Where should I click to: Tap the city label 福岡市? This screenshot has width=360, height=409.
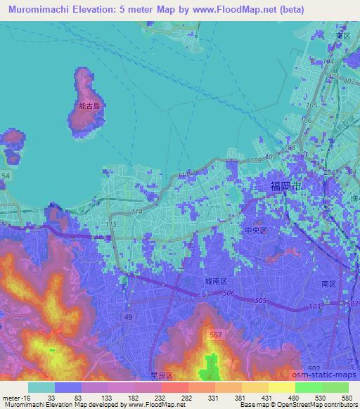287,187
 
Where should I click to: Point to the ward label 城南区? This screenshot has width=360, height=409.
216,280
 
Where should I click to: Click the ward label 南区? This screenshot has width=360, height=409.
328,284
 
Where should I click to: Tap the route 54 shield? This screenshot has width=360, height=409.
6,174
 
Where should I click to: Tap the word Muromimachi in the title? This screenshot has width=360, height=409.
44,8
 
